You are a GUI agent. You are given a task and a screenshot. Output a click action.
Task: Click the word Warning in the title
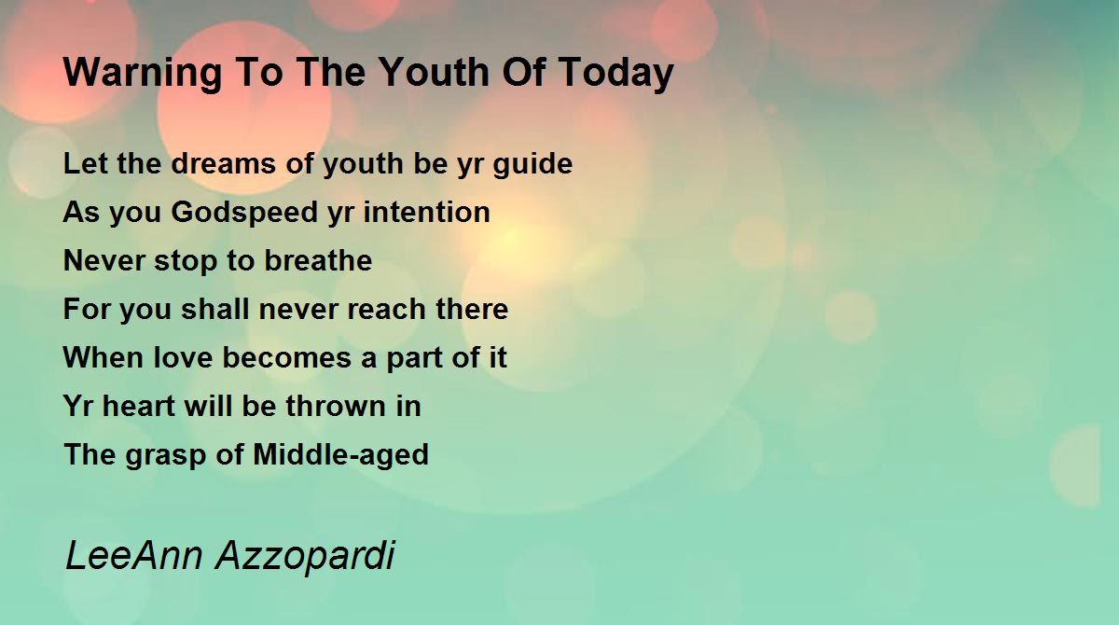143,74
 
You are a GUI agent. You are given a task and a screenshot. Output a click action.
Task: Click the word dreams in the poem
223,163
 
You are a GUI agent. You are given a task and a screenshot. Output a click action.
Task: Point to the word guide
532,164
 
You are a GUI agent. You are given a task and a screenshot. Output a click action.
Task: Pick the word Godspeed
244,213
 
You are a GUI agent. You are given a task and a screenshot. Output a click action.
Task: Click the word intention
427,212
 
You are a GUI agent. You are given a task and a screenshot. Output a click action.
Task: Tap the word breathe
318,260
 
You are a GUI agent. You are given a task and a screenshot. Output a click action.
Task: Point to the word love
183,357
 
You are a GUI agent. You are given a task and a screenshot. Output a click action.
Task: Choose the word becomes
287,357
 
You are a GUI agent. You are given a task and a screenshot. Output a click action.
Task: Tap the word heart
138,406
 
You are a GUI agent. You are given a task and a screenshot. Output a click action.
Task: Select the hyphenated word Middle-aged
341,455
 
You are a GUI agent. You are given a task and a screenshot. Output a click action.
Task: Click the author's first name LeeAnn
134,555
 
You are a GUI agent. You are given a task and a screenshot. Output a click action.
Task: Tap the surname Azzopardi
306,557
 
